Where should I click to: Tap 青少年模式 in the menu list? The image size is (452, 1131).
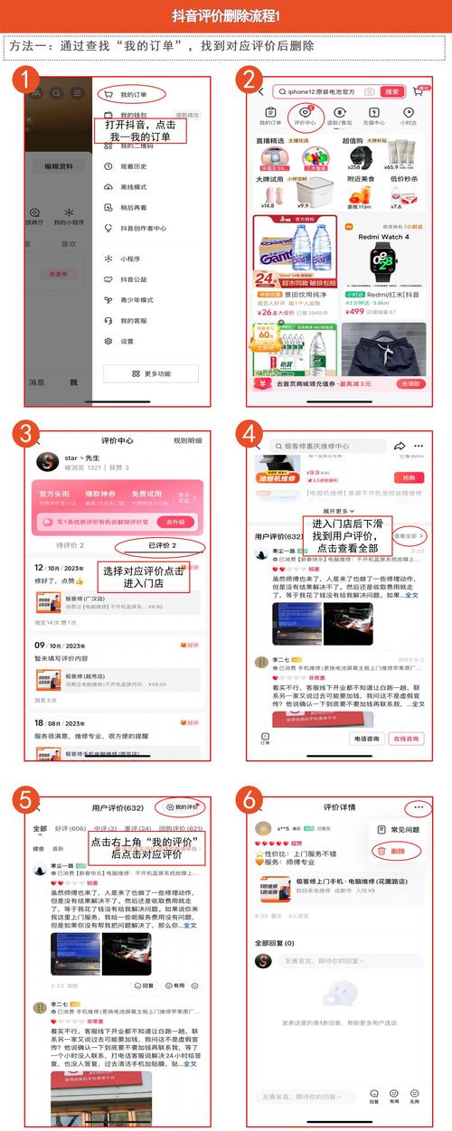click(137, 299)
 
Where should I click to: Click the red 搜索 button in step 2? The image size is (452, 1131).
click(391, 91)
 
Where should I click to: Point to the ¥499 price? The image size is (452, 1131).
click(354, 312)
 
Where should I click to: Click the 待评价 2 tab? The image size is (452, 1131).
click(70, 546)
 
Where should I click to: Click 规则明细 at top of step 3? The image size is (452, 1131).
click(187, 441)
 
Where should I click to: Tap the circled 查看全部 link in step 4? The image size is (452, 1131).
click(408, 537)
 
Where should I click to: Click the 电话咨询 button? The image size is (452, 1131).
click(367, 739)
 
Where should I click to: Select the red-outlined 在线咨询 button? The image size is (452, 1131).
click(406, 739)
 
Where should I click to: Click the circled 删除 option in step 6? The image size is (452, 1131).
click(394, 851)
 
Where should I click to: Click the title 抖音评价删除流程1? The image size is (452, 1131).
click(226, 15)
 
